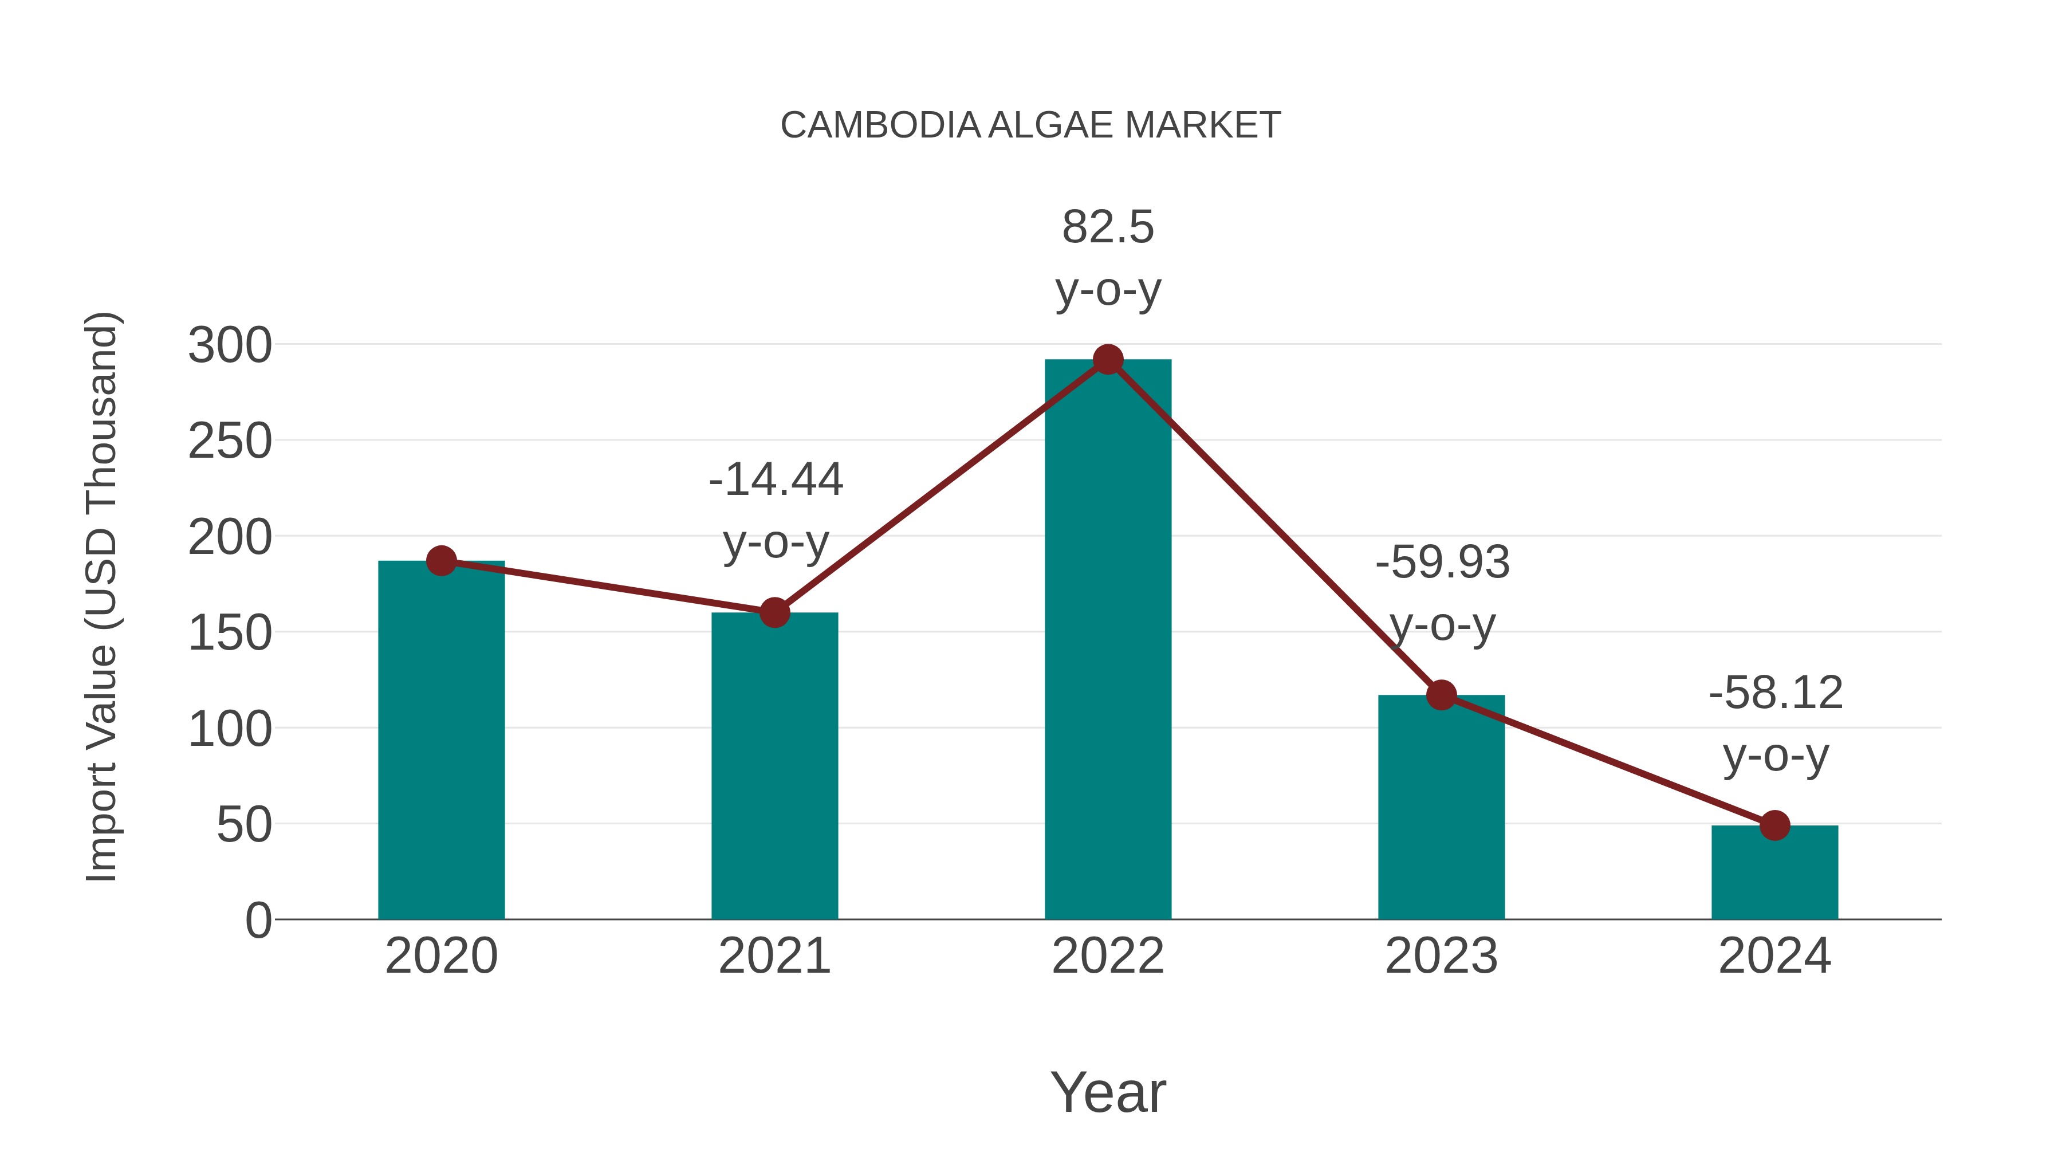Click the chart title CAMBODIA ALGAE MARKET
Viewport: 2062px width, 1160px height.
(x=1030, y=125)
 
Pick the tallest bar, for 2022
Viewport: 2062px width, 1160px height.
(x=1108, y=640)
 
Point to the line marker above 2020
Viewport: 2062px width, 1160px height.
(x=441, y=561)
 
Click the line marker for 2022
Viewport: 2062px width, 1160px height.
(x=1108, y=360)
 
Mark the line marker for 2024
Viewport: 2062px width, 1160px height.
(x=1774, y=825)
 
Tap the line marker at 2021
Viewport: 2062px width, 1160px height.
(x=774, y=613)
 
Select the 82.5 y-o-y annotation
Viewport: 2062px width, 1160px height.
(x=1108, y=258)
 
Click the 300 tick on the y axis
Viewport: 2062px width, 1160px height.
(x=230, y=346)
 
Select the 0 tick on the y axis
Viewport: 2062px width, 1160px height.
(x=258, y=921)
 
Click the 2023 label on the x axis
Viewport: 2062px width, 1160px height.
(x=1441, y=956)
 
